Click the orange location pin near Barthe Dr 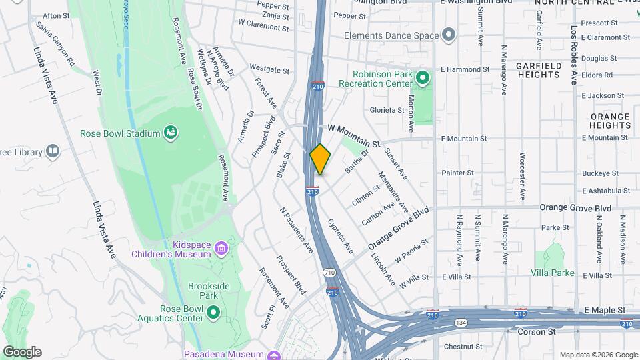[x=321, y=159]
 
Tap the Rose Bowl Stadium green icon [x=171, y=133]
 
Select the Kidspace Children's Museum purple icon [x=221, y=249]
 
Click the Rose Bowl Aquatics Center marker [x=213, y=312]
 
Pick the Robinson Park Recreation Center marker [x=421, y=79]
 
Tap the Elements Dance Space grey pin [x=449, y=35]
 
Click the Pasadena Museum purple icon [x=273, y=355]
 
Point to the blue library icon [x=52, y=152]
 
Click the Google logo [x=22, y=352]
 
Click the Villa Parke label [x=552, y=273]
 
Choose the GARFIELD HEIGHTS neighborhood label [x=538, y=70]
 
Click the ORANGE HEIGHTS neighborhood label [x=609, y=121]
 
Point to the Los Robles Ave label [x=573, y=55]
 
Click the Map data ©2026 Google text [x=598, y=355]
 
